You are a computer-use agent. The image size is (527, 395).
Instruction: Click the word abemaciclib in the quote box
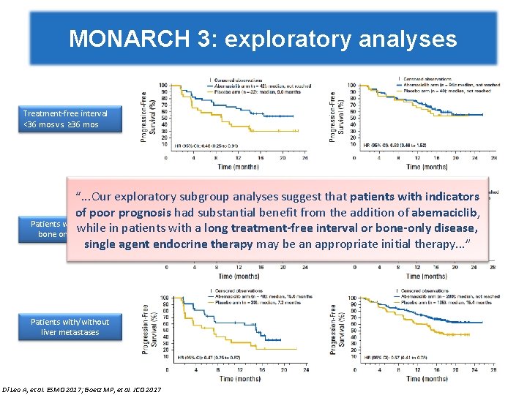click(436, 212)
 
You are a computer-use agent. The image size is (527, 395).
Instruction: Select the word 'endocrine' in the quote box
click(214, 243)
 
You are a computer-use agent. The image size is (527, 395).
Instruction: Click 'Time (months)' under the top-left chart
click(238, 167)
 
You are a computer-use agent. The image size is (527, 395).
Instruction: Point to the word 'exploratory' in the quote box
click(162, 197)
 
